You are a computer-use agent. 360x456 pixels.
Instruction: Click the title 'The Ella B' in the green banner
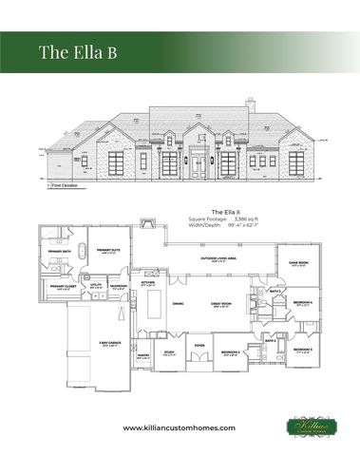click(x=77, y=51)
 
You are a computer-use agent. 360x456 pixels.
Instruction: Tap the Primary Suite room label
click(x=106, y=250)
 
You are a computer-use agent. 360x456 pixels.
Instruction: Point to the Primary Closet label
click(x=63, y=285)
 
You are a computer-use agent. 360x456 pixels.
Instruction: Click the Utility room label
click(x=96, y=284)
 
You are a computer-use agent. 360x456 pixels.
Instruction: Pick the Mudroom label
click(x=119, y=284)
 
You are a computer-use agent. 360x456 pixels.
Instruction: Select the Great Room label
click(x=223, y=304)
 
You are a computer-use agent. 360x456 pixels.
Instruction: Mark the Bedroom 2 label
click(x=230, y=351)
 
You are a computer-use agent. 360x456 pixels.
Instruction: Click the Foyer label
click(x=199, y=345)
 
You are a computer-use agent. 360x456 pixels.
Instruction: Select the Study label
click(x=169, y=352)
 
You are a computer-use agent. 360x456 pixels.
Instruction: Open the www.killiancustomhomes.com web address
click(x=180, y=428)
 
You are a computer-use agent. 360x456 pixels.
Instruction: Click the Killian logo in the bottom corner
click(x=313, y=427)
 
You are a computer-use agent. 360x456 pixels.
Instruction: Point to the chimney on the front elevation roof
click(x=249, y=102)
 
